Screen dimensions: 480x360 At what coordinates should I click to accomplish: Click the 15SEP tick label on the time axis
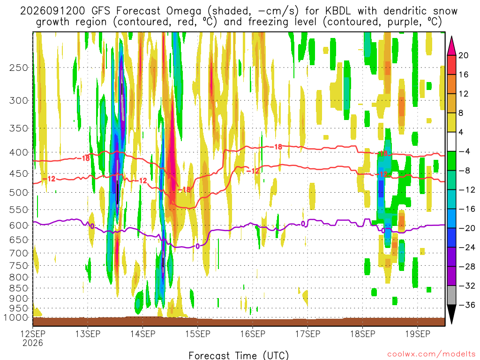[198, 333]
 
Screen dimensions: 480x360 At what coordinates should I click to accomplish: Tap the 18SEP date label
[363, 333]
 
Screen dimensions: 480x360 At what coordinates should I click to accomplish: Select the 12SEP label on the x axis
[33, 333]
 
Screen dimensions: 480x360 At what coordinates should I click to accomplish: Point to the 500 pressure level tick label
[19, 193]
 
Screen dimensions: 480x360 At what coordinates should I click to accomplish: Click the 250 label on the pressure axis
[19, 67]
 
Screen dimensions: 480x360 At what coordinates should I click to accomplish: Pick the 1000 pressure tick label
[16, 317]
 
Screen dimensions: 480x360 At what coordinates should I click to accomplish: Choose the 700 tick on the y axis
[19, 253]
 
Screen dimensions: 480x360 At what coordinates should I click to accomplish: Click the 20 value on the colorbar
[464, 55]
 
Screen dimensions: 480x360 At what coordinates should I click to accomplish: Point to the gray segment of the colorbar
[451, 295]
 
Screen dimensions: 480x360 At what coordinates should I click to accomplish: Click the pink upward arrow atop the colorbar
[451, 45]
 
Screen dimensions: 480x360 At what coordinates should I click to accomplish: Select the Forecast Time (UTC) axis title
[239, 355]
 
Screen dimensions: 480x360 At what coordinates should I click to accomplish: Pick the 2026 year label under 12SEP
[33, 343]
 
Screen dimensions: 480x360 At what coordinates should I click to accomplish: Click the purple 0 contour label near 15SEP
[198, 246]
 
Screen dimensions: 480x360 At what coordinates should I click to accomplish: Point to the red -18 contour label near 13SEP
[83, 158]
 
